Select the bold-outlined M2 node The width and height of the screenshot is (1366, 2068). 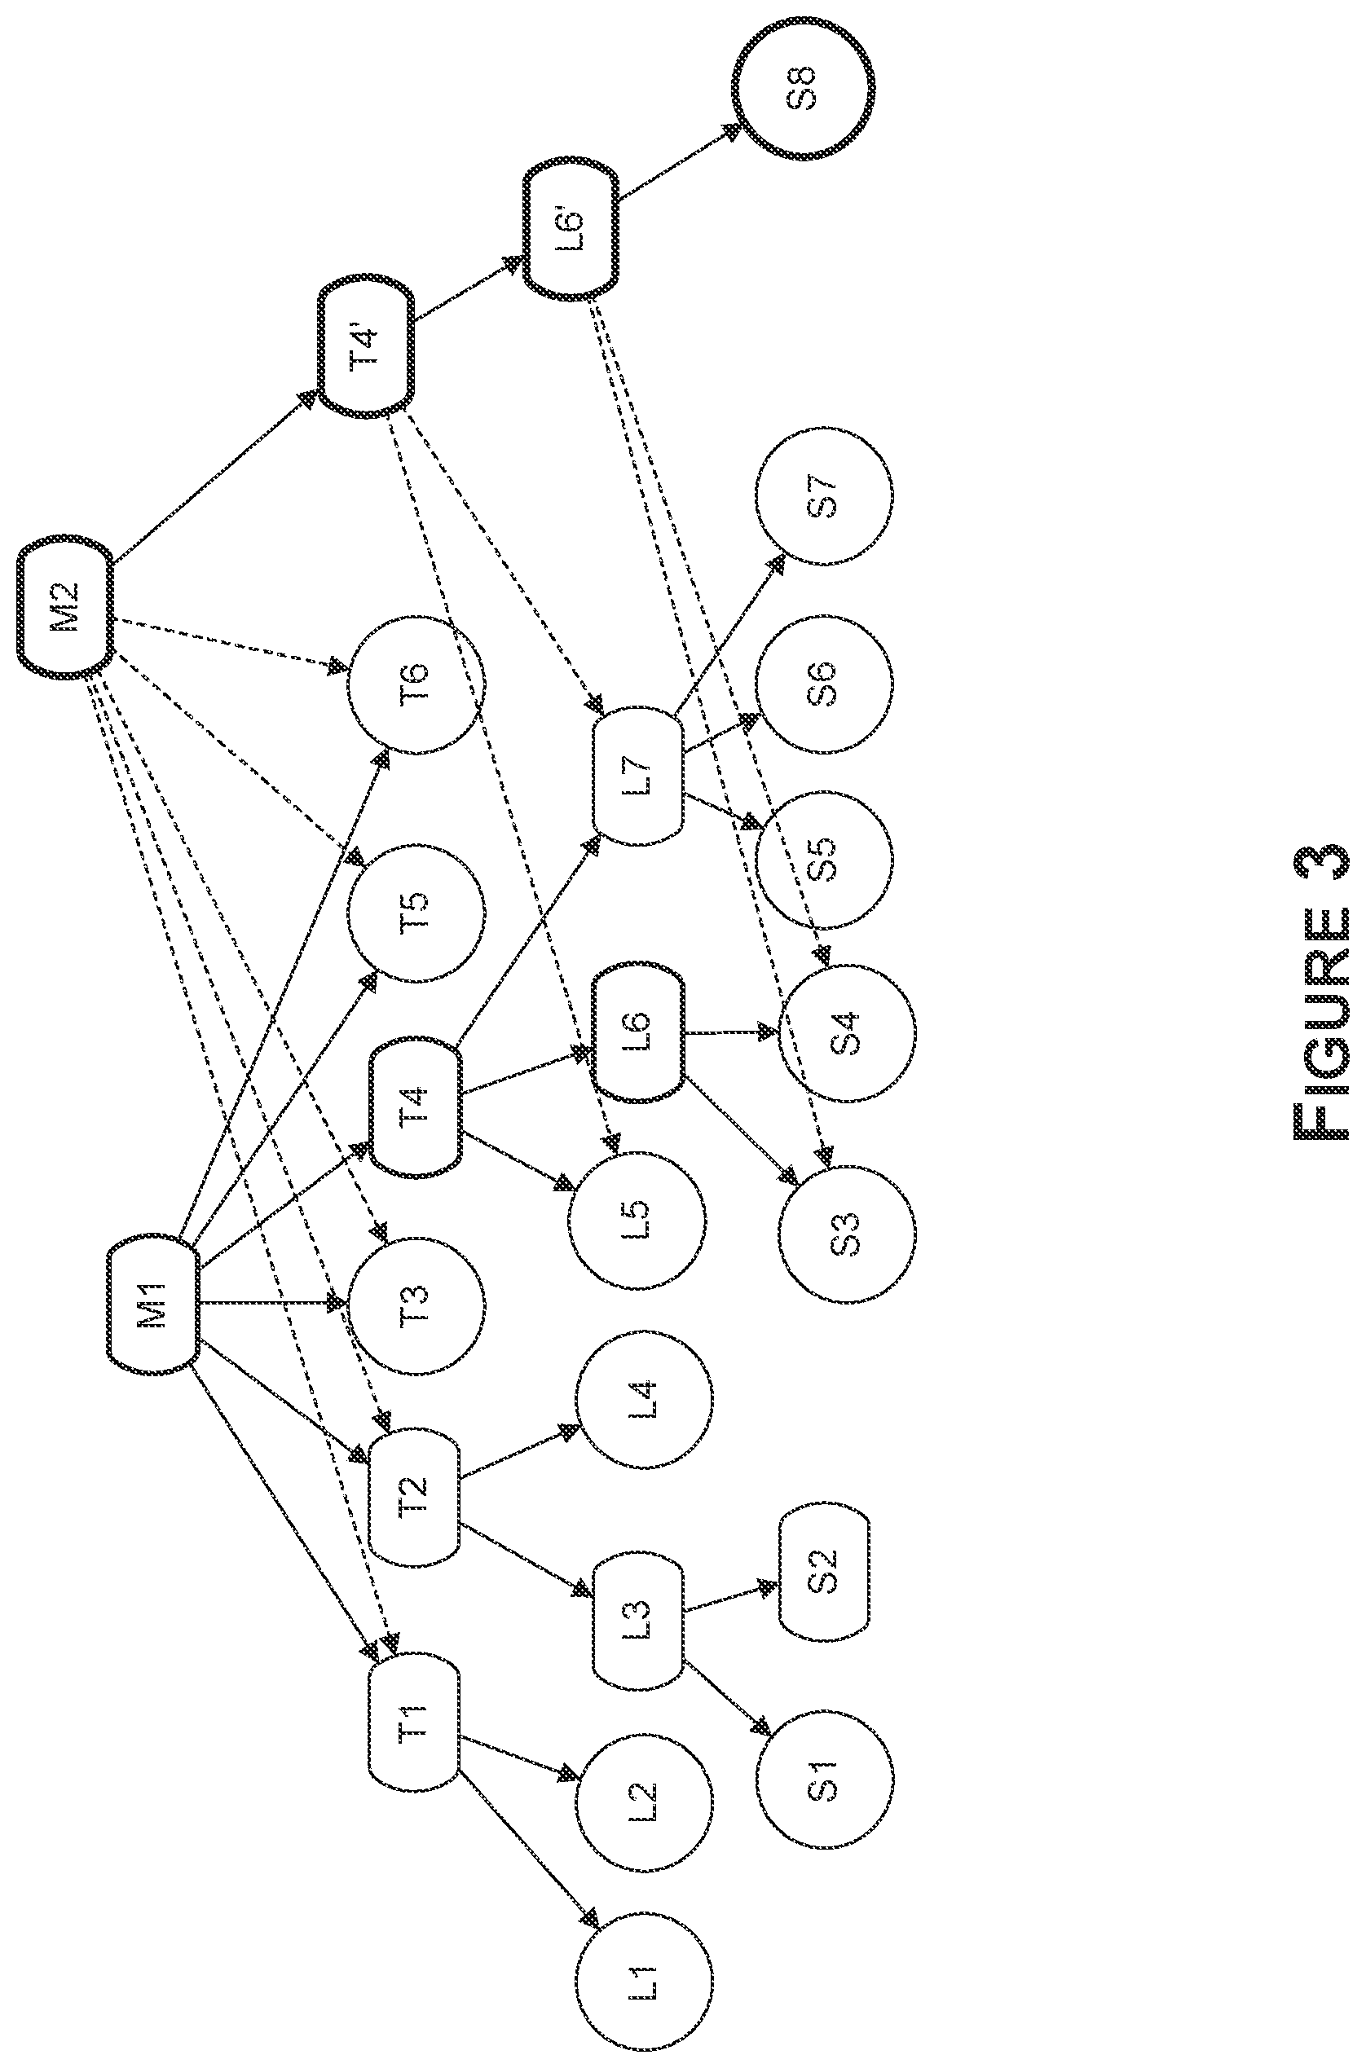pyautogui.click(x=66, y=607)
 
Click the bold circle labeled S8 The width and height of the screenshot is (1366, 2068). pyautogui.click(x=802, y=87)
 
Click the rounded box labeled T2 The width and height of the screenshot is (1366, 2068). pyautogui.click(x=414, y=1496)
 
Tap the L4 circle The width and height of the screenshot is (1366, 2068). pyautogui.click(x=644, y=1398)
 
